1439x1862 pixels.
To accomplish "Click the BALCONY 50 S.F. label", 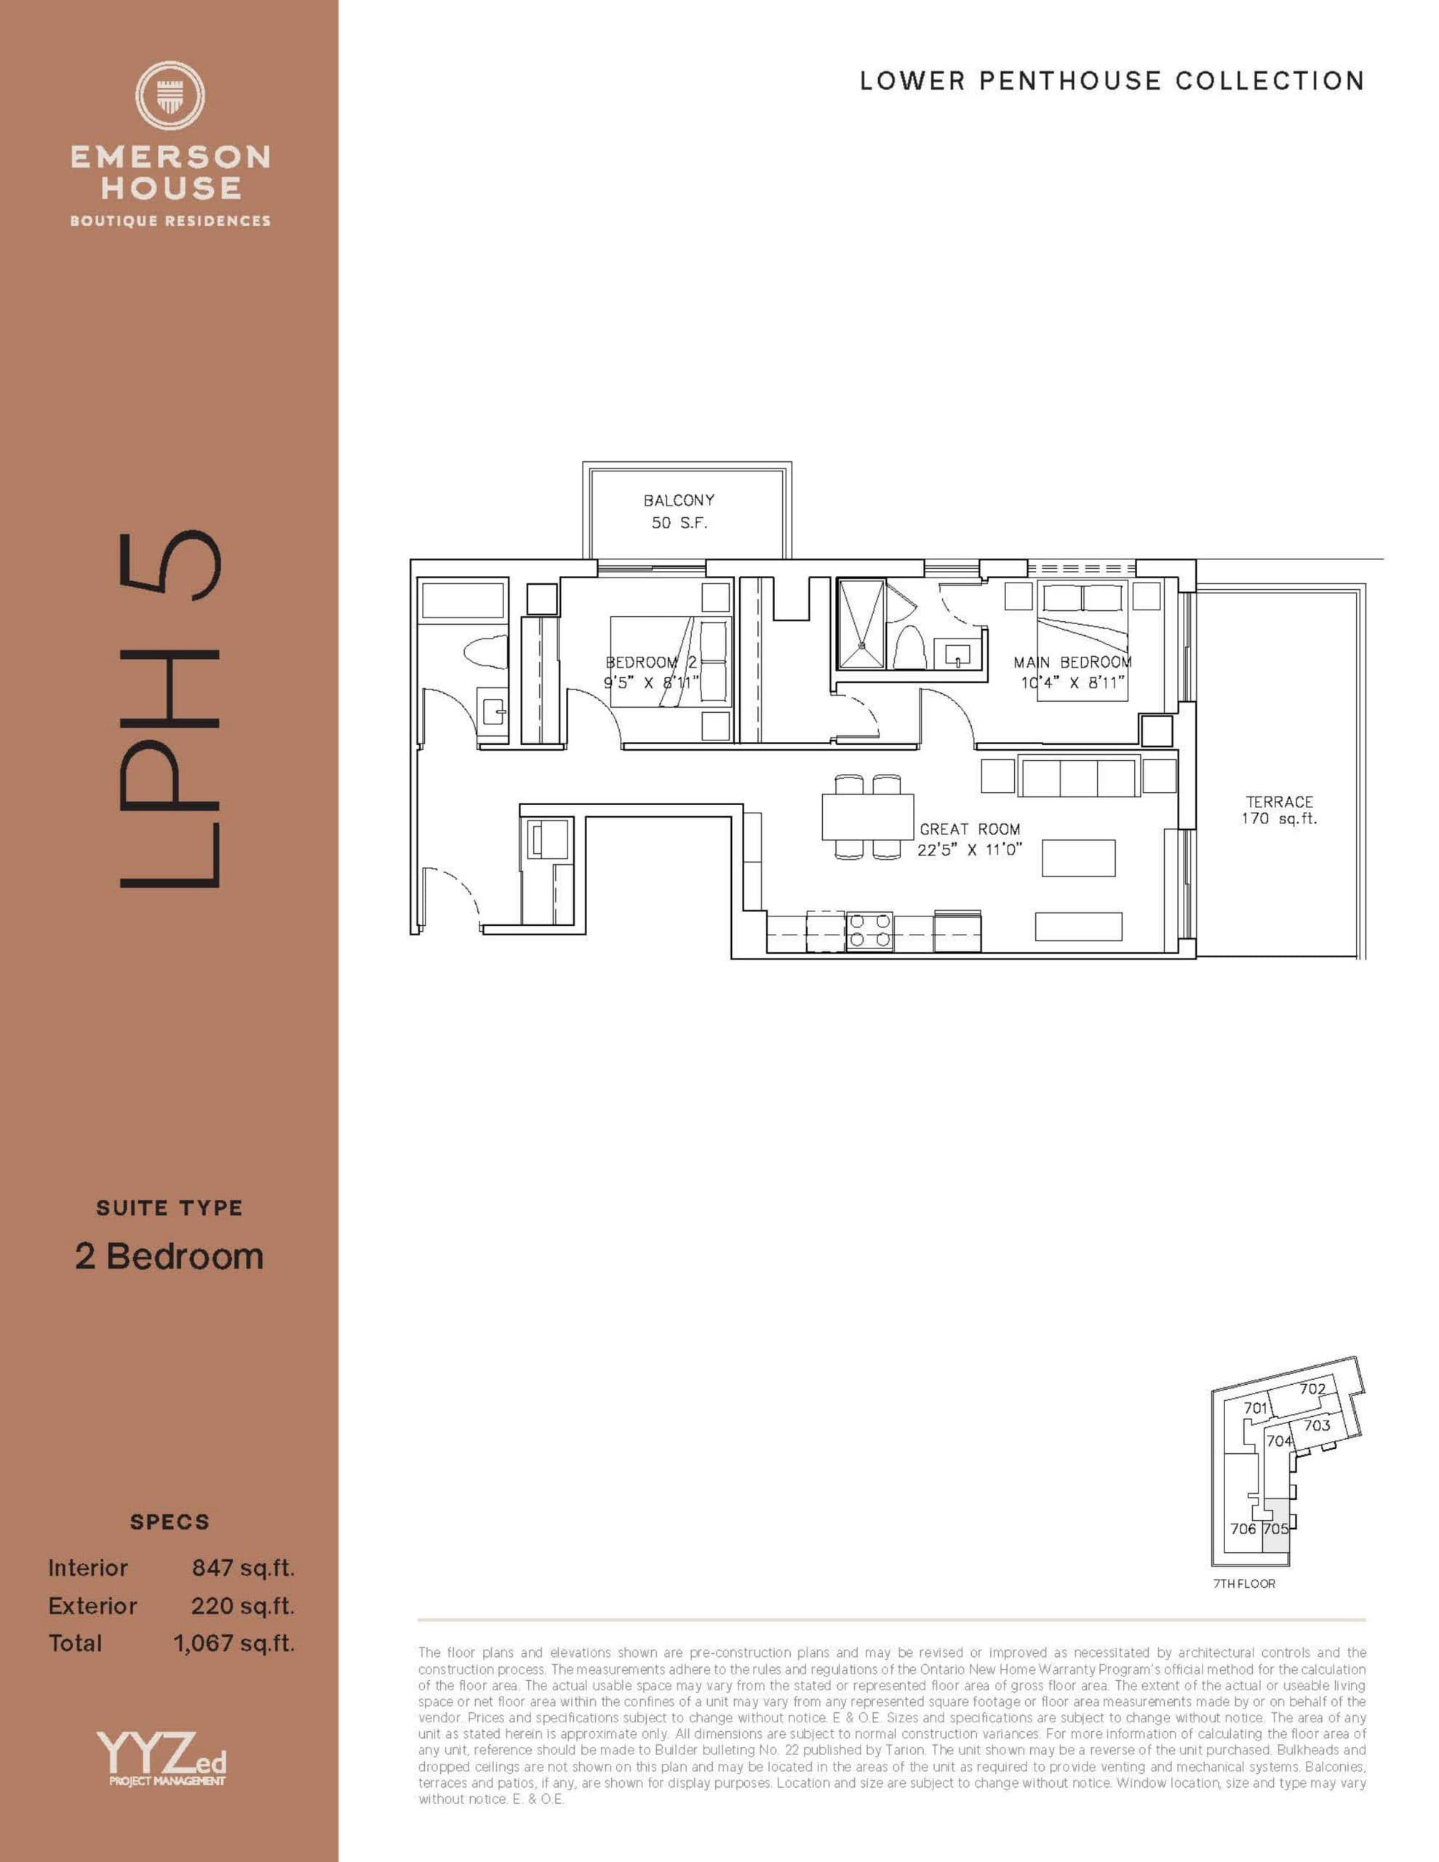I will coord(678,511).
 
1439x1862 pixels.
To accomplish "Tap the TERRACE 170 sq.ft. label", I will coord(1279,810).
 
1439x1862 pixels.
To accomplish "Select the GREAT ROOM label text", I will coord(969,828).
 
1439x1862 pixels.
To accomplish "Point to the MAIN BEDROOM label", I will coord(1072,663).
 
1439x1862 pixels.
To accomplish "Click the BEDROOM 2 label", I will coord(651,663).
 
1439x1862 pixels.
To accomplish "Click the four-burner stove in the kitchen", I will coord(869,931).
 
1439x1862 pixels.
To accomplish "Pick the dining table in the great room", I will coord(867,817).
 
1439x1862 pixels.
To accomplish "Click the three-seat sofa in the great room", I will coord(1078,777).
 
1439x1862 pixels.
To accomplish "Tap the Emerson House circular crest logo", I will coord(170,95).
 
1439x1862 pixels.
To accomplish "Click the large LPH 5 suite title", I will coord(170,709).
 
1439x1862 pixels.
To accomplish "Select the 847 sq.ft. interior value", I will coord(242,1568).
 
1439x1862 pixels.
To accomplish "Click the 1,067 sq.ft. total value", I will coord(234,1643).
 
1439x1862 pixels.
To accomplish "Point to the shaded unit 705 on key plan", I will coord(1275,1530).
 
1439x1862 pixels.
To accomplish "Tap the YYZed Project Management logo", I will coord(162,1759).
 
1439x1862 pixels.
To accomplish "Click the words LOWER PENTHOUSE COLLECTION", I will coord(1112,81).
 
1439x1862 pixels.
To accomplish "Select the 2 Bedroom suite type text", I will coord(169,1257).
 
